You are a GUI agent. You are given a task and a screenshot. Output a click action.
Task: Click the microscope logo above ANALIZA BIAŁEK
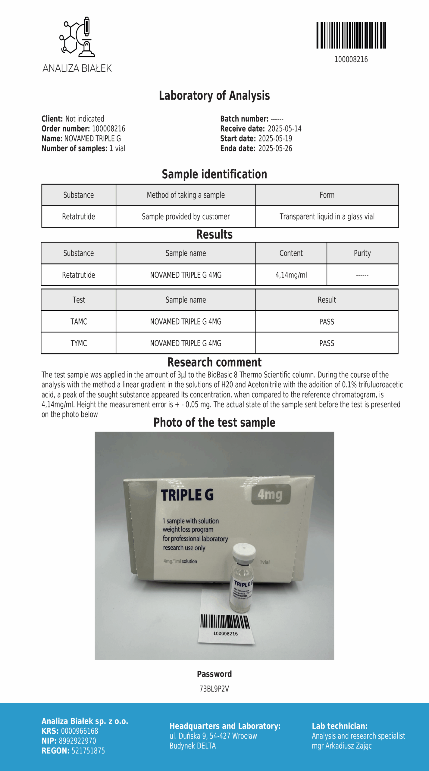pos(77,37)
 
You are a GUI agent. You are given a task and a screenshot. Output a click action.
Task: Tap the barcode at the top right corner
pos(351,35)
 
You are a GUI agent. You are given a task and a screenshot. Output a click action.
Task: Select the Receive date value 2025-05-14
pos(284,129)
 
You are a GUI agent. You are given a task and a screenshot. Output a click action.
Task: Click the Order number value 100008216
pos(108,129)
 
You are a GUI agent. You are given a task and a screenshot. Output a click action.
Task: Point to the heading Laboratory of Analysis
pos(214,95)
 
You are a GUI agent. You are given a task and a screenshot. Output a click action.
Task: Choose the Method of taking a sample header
pos(186,195)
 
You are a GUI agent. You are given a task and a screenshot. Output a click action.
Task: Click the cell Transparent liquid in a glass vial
pos(327,217)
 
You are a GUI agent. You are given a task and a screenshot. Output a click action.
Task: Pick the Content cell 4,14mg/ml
pos(291,275)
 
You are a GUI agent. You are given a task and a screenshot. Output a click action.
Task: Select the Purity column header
pos(362,253)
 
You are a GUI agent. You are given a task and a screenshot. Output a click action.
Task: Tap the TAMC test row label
pos(79,322)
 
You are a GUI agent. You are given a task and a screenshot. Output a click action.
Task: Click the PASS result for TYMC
pos(327,343)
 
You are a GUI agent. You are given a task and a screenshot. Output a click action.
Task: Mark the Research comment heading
pos(214,362)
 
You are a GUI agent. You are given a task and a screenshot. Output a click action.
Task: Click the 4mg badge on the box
pos(271,494)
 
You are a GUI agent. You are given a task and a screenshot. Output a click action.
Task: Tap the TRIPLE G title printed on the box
pos(187,495)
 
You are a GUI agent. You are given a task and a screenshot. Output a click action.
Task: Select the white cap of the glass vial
pos(244,551)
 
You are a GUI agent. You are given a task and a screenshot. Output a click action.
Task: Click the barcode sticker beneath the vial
pos(226,625)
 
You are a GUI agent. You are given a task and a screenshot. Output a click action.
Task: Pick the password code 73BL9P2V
pos(214,689)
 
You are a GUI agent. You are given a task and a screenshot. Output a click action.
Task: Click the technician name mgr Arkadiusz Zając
pos(342,746)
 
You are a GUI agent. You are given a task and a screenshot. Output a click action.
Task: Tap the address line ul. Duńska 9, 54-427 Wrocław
pos(213,736)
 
